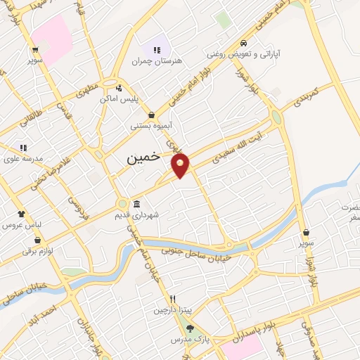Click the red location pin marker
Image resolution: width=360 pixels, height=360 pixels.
point(181,164)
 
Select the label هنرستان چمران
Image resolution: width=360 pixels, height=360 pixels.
point(157,61)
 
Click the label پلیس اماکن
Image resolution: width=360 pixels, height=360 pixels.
point(117,99)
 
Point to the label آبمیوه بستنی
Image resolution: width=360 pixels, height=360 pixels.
point(152,127)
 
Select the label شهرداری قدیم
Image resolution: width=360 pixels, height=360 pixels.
point(137,215)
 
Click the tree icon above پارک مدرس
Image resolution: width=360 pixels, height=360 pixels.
point(189,328)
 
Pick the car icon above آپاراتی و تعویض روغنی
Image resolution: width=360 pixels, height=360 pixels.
point(244,42)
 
